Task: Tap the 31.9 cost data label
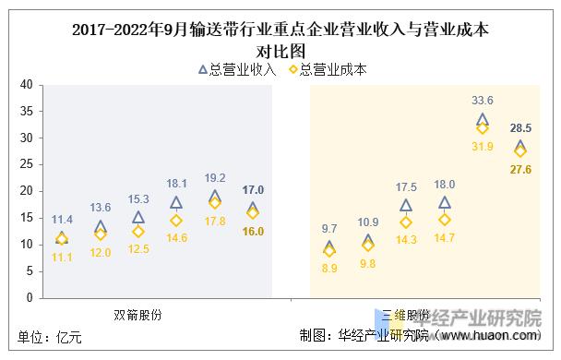pyautogui.click(x=483, y=146)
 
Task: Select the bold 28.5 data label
pyautogui.click(x=520, y=128)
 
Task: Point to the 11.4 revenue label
pyautogui.click(x=62, y=220)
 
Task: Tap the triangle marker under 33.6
pyautogui.click(x=483, y=120)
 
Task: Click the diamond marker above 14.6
pyautogui.click(x=176, y=221)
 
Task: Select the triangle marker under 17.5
pyautogui.click(x=406, y=206)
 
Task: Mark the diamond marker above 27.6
pyautogui.click(x=520, y=150)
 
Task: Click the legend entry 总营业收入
pyautogui.click(x=237, y=68)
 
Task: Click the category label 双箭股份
pyautogui.click(x=137, y=314)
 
